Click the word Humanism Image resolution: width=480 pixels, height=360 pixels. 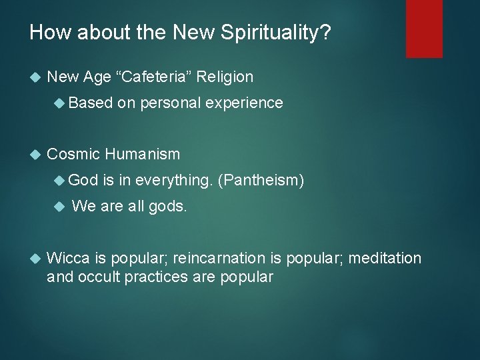[142, 154]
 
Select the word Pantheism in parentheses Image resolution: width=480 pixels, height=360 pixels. [261, 180]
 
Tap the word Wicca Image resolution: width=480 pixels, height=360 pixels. [66, 258]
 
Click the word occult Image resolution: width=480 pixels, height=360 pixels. [99, 277]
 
